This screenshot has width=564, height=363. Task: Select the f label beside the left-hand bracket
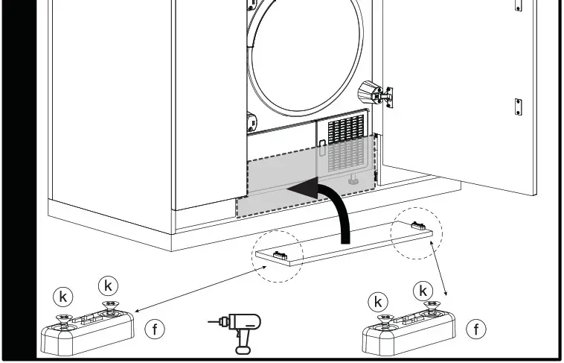[x=155, y=329]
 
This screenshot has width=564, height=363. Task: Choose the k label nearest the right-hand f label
[x=424, y=289]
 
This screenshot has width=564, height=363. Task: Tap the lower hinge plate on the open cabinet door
[x=518, y=107]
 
